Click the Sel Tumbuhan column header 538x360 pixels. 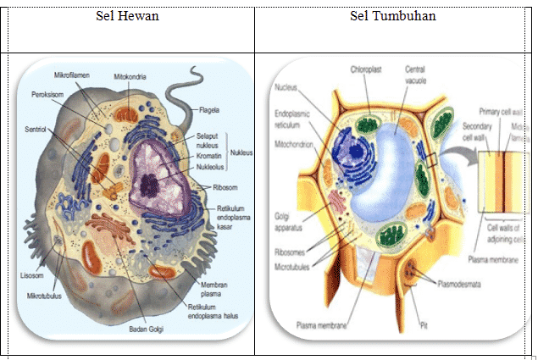[393, 17]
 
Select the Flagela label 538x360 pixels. [210, 110]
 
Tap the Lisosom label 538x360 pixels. [32, 275]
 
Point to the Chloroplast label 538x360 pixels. [366, 69]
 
